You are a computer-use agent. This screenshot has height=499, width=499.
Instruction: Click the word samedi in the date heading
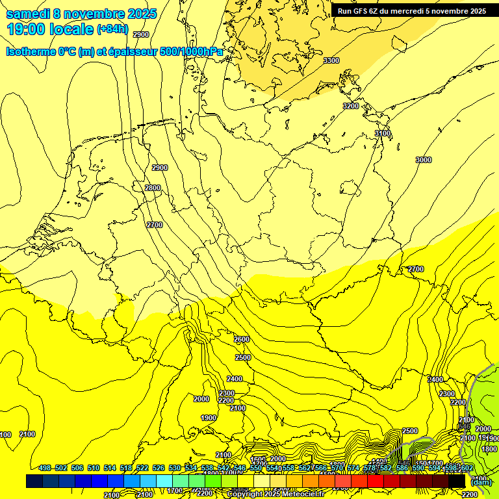(x=27, y=14)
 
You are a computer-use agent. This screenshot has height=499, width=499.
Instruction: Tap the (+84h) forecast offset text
(x=112, y=29)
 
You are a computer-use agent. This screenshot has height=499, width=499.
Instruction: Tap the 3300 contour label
(x=331, y=60)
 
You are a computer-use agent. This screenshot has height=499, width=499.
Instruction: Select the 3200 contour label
(x=351, y=106)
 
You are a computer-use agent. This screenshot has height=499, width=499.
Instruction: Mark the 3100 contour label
(x=383, y=133)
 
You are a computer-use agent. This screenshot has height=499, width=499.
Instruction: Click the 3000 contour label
(x=424, y=160)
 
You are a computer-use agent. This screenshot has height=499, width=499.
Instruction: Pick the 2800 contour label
(x=153, y=188)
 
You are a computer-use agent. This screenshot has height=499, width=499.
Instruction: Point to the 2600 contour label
(x=242, y=339)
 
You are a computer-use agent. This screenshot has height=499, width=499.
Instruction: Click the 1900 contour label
(x=209, y=418)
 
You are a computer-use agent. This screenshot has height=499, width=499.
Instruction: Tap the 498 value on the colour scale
(x=45, y=468)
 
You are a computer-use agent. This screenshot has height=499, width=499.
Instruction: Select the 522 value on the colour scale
(x=142, y=468)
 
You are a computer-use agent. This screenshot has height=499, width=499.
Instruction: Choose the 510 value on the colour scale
(x=94, y=468)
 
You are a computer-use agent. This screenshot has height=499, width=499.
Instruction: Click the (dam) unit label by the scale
(x=481, y=482)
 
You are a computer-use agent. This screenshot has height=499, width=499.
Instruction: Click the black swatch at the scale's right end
(x=457, y=481)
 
